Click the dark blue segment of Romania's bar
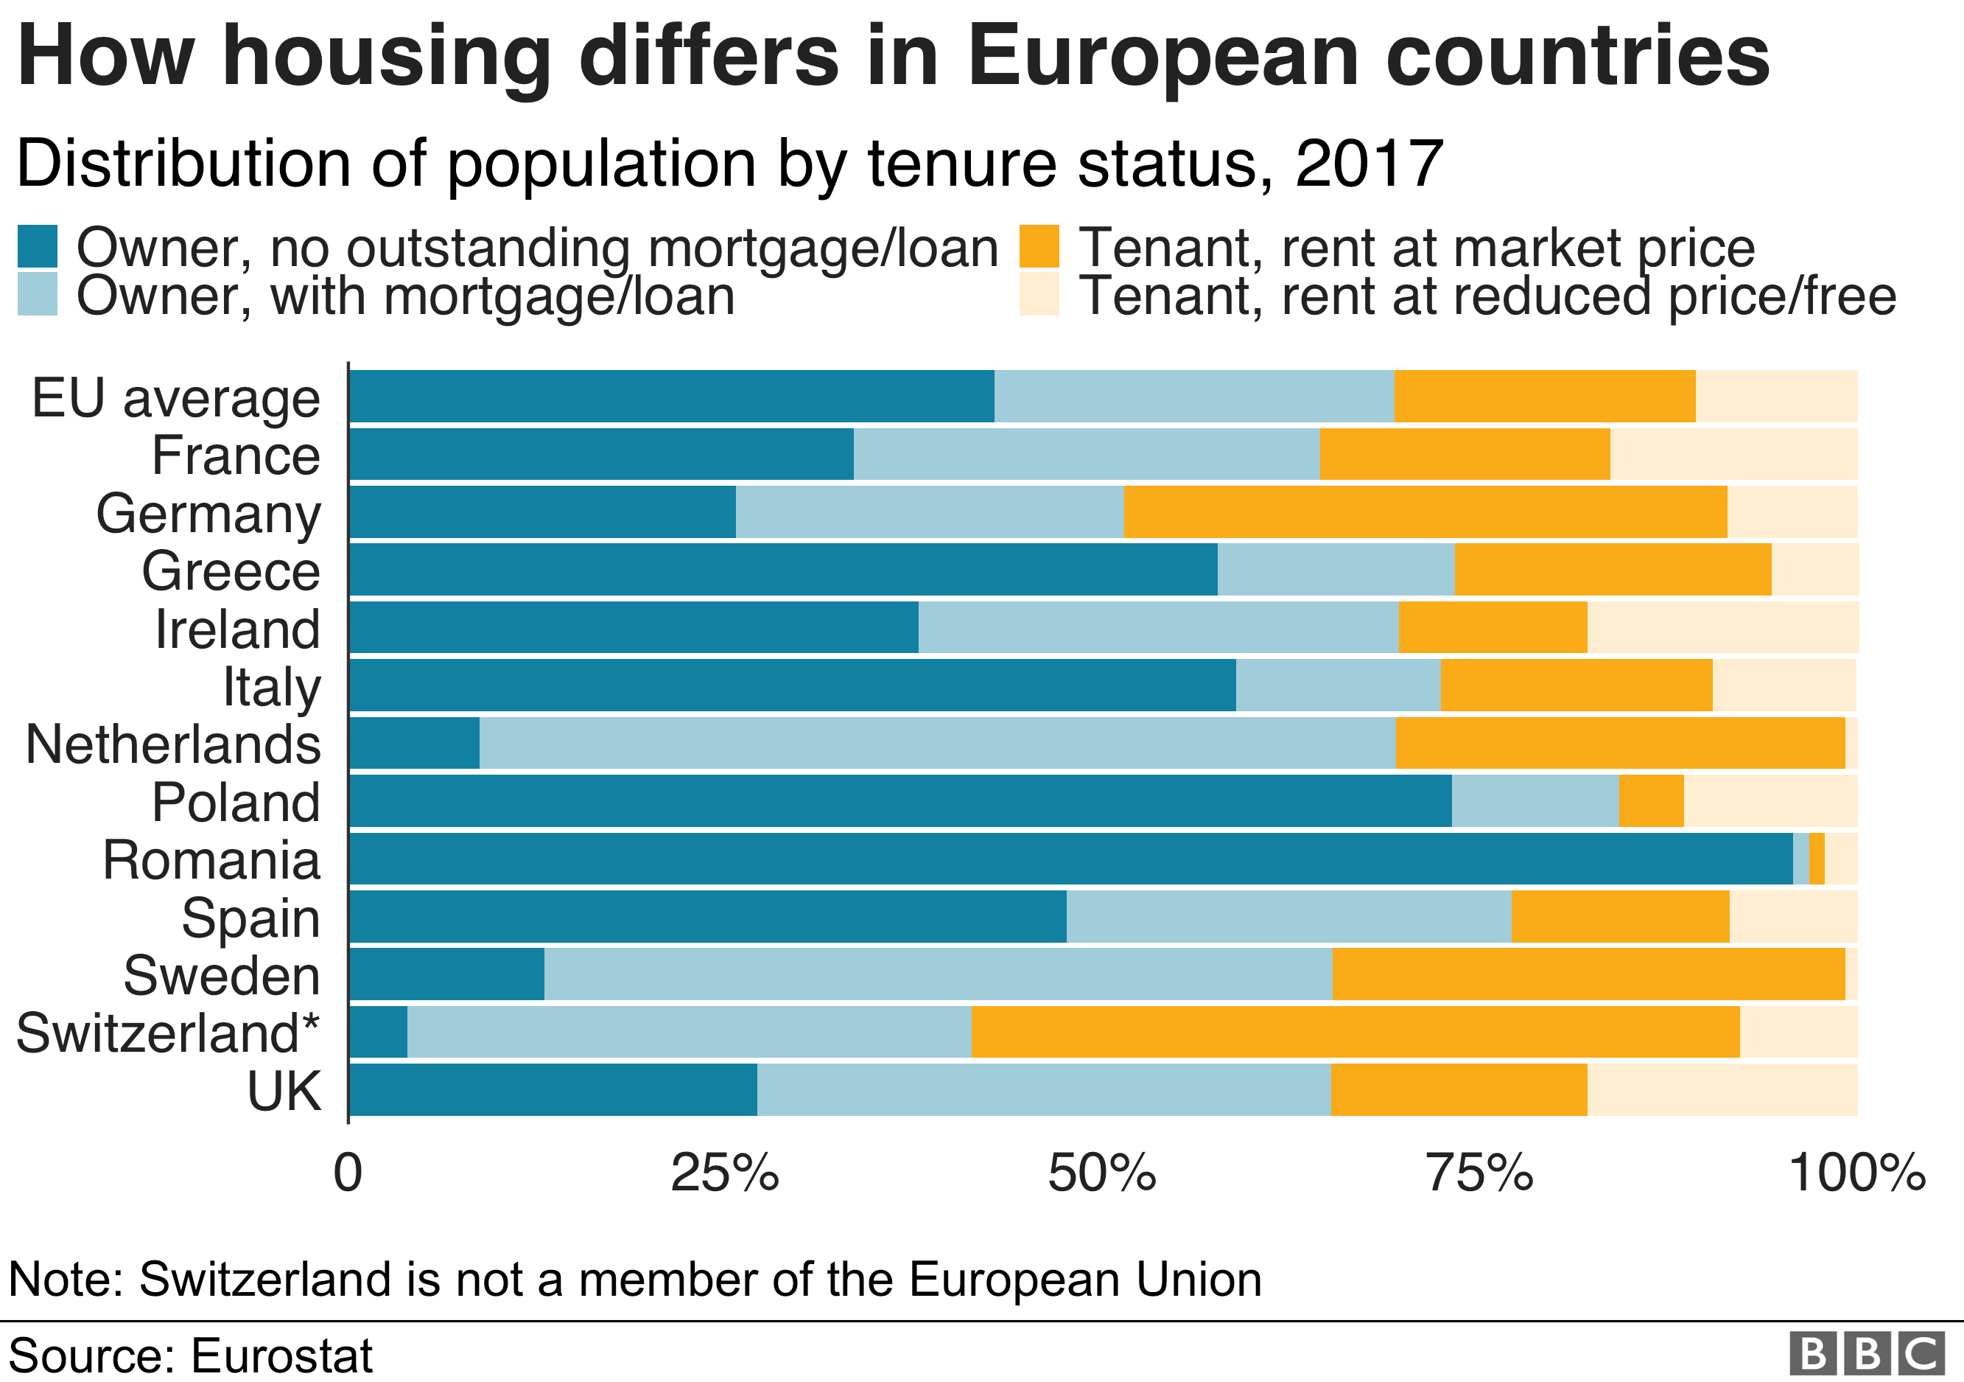(x=1069, y=858)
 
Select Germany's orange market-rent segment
(x=1424, y=512)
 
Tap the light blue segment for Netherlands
(x=936, y=743)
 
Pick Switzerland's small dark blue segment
(x=378, y=1032)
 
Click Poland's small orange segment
(x=1651, y=801)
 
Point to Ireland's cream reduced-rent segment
(x=1722, y=627)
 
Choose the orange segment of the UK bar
(x=1459, y=1089)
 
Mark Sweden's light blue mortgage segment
(x=938, y=974)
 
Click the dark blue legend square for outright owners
(x=38, y=246)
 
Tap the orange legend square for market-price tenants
(x=1039, y=246)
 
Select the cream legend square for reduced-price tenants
(x=1039, y=294)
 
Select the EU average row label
(x=176, y=398)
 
